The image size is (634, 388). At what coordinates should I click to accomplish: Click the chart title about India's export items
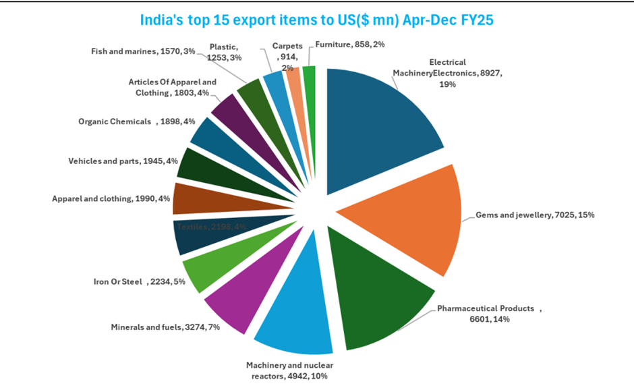pos(316,20)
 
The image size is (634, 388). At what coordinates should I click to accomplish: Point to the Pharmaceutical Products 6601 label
pos(489,314)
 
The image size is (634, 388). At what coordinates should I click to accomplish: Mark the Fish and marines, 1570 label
pos(142,51)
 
